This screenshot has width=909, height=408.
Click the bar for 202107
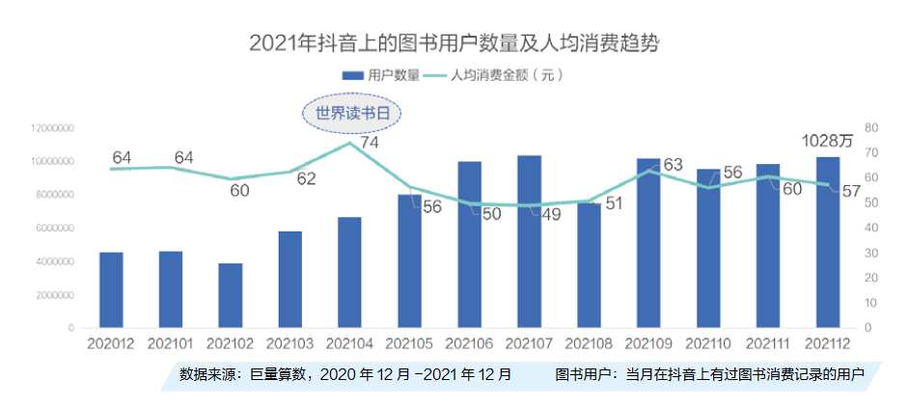click(529, 241)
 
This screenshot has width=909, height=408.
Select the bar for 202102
click(230, 295)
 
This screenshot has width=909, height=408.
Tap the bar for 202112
click(828, 242)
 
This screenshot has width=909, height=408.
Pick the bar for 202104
click(349, 272)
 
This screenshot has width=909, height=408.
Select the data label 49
click(551, 214)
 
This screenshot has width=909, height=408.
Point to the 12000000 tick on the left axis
click(53, 128)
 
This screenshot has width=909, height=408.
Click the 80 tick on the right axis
click(870, 128)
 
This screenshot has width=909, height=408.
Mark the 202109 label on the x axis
click(648, 342)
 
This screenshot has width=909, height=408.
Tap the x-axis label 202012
click(110, 342)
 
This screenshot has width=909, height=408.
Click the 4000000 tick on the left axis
click(55, 262)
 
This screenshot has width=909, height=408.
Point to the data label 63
click(673, 165)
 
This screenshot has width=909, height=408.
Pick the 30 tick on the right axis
click(870, 253)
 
